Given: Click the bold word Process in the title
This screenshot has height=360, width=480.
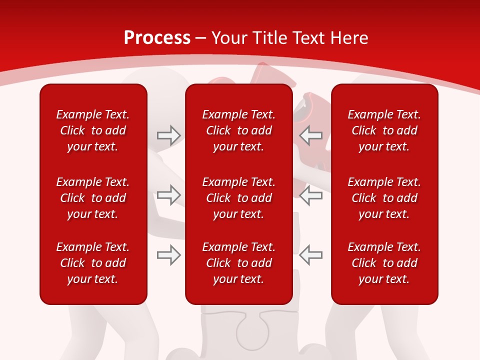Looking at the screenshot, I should (x=157, y=38).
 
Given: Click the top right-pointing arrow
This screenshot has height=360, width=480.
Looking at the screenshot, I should (x=168, y=135).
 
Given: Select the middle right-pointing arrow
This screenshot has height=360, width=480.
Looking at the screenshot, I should (x=168, y=195).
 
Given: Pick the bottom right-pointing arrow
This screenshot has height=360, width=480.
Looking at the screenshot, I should (x=168, y=255).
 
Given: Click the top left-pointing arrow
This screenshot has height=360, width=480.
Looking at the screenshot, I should (x=311, y=135).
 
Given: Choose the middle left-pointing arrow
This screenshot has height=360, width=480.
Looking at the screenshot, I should (x=311, y=195).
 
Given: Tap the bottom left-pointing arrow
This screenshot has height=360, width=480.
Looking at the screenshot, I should (x=311, y=255).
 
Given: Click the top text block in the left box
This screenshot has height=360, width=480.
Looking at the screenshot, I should (x=93, y=130).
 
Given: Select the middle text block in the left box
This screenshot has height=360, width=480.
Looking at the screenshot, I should (x=93, y=198).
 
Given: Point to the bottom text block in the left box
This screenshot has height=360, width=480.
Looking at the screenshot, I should (x=93, y=263).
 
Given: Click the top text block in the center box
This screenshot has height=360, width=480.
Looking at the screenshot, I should (x=238, y=130).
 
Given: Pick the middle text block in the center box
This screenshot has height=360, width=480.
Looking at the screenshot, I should (x=238, y=198).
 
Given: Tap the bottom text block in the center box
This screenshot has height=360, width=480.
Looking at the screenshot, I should (x=238, y=263).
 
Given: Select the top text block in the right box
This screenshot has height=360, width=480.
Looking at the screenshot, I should (x=384, y=130).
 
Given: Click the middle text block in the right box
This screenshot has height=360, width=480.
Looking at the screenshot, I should (x=384, y=198).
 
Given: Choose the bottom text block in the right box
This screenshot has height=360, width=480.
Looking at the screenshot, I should (x=384, y=263).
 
